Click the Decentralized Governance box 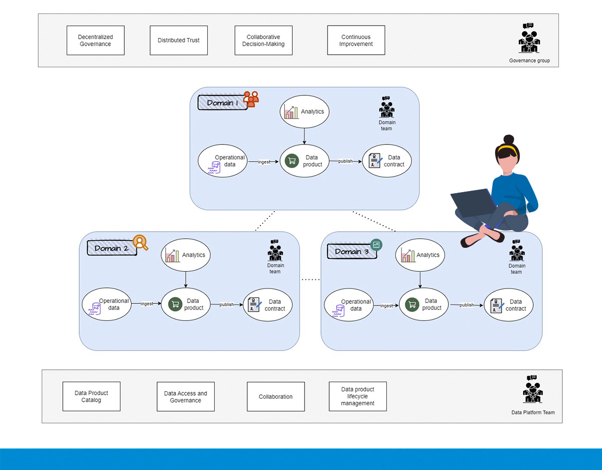coord(95,41)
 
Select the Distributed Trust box coord(179,41)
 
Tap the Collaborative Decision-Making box coord(263,41)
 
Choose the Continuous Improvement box coord(356,41)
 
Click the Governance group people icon coord(529,40)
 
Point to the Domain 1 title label coord(223,103)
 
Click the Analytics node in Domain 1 coord(305,112)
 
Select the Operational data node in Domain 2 coord(106,304)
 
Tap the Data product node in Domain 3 coord(423,304)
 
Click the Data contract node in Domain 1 coord(387,161)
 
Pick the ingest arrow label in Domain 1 coord(264,162)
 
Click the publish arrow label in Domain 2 coord(226,305)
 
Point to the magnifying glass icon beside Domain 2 coord(140,243)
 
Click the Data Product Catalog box coord(91,396)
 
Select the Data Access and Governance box coord(186,397)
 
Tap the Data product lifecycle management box coord(358,396)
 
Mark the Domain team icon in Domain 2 coord(275,250)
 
